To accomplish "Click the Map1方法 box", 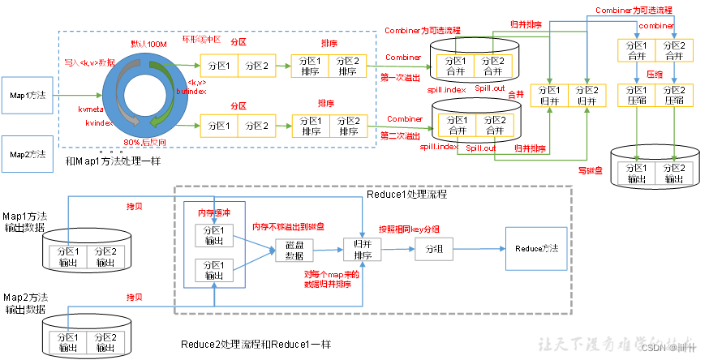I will [27, 95].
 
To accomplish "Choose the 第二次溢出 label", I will [402, 135].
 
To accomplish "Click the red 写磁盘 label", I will [590, 170].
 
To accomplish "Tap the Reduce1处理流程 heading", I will [406, 195].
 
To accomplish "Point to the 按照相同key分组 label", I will [409, 229].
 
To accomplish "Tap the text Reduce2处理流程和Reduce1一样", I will [256, 344].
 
